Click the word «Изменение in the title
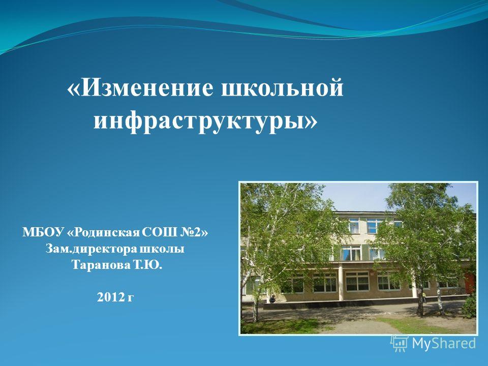(x=140, y=87)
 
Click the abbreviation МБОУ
(x=43, y=232)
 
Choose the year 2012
(x=110, y=297)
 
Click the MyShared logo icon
(x=400, y=343)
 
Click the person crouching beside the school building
(x=272, y=299)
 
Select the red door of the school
(x=469, y=283)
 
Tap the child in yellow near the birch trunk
(x=424, y=298)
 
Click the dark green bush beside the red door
(x=469, y=305)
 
